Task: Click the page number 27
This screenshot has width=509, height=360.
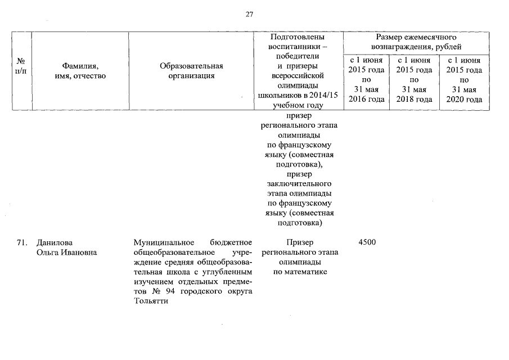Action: pyautogui.click(x=250, y=15)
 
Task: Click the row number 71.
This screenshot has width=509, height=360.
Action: pyautogui.click(x=22, y=242)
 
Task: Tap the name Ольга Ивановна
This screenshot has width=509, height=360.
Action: pyautogui.click(x=67, y=253)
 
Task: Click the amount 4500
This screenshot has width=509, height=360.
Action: pyautogui.click(x=367, y=242)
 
